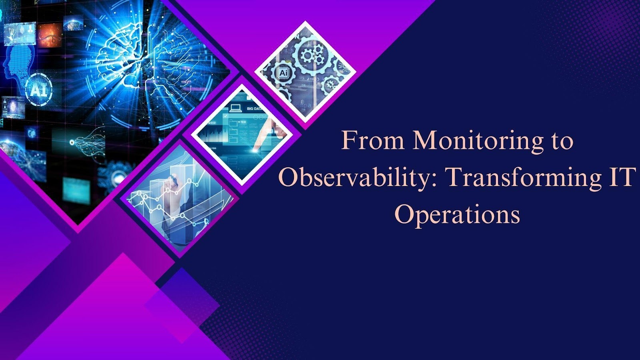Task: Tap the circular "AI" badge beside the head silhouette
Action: click(38, 90)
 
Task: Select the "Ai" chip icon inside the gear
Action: click(283, 72)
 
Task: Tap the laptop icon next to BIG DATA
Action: click(236, 108)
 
